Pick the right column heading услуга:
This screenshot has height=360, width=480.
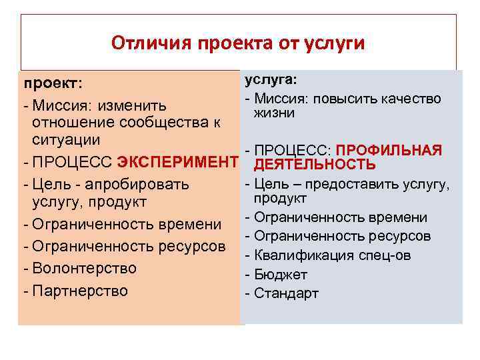click(x=271, y=80)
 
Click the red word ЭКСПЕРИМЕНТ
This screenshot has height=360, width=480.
click(x=177, y=161)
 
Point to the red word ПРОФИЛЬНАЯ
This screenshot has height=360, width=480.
click(x=389, y=150)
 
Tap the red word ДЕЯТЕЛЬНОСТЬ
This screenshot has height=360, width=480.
click(x=315, y=165)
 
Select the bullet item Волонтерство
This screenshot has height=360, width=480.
click(x=84, y=269)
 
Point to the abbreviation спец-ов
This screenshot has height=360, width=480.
click(x=387, y=255)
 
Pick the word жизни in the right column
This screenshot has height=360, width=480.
click(x=273, y=113)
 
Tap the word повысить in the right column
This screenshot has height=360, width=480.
click(x=344, y=99)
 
